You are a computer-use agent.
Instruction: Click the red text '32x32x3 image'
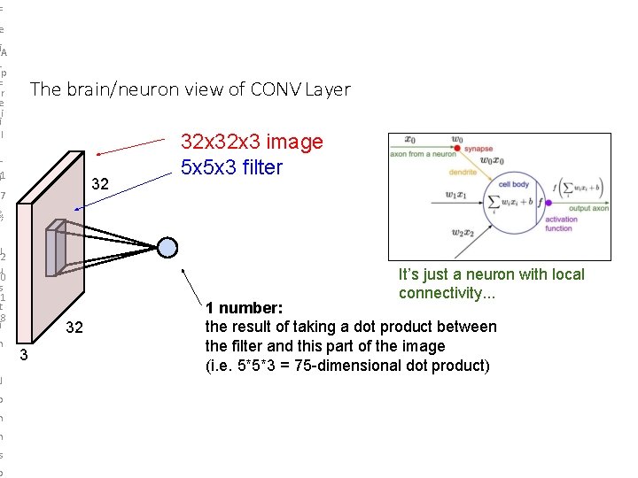pyautogui.click(x=252, y=142)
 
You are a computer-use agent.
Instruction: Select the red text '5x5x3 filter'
pyautogui.click(x=231, y=166)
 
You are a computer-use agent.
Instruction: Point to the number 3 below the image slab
pyautogui.click(x=25, y=356)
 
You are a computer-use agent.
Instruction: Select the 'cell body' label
pyautogui.click(x=514, y=184)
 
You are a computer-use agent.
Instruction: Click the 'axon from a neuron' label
pyautogui.click(x=421, y=154)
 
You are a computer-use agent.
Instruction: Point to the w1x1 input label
pyautogui.click(x=462, y=195)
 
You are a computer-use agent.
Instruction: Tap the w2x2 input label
pyautogui.click(x=463, y=233)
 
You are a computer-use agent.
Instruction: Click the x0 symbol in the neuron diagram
pyautogui.click(x=409, y=139)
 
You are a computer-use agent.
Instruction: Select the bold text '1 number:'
pyautogui.click(x=244, y=309)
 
